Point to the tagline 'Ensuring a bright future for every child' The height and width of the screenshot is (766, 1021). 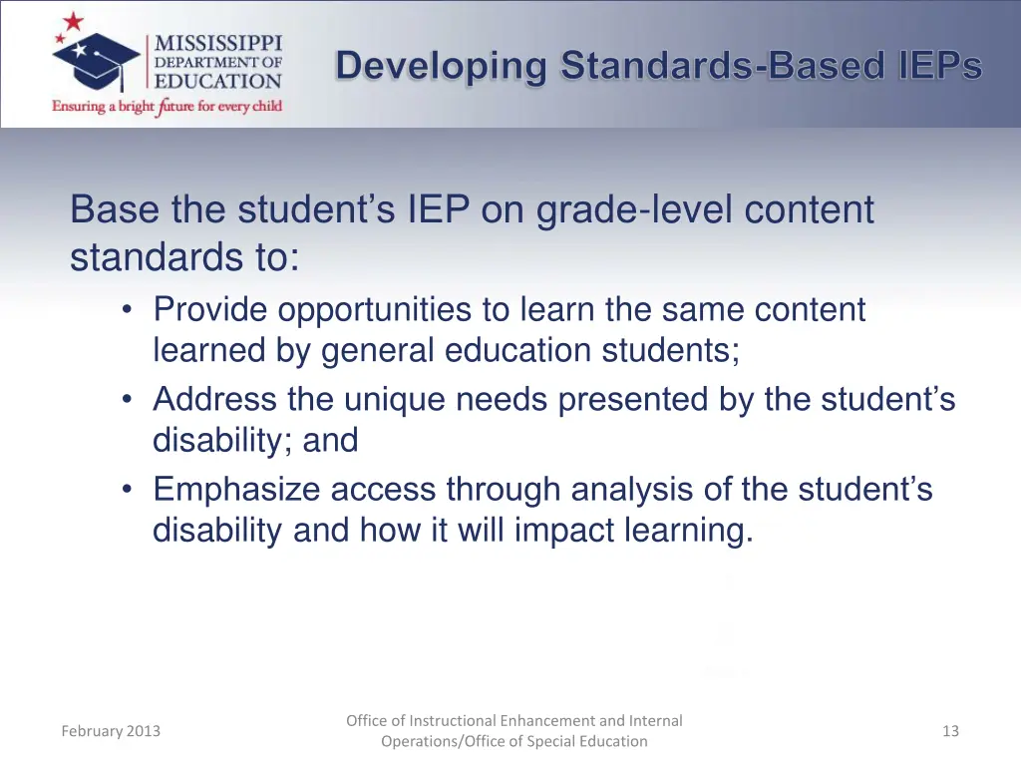click(168, 106)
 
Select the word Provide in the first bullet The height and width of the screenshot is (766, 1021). click(210, 310)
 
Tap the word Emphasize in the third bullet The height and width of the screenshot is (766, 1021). click(236, 490)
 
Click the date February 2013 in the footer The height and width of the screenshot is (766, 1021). click(111, 731)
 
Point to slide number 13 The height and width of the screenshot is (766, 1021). click(950, 731)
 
